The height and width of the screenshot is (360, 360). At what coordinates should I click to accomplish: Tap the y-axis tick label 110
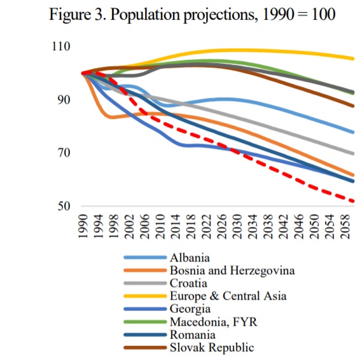tap(61, 46)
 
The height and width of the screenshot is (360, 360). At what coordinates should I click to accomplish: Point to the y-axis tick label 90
tap(64, 100)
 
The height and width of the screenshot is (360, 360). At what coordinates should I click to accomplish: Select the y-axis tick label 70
tap(64, 153)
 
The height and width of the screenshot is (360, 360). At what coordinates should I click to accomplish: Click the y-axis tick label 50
tap(64, 206)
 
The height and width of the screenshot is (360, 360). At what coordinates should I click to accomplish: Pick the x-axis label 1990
tap(83, 226)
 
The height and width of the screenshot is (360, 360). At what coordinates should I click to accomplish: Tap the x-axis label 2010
tap(160, 226)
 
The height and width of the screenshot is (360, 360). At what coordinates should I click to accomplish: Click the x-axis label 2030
tap(237, 226)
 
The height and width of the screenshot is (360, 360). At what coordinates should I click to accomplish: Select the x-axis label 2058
tap(345, 226)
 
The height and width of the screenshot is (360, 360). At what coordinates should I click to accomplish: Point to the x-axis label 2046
tap(299, 226)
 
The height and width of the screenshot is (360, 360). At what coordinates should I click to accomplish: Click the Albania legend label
tap(190, 258)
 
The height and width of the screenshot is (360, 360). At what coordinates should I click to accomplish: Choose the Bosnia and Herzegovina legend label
tap(232, 270)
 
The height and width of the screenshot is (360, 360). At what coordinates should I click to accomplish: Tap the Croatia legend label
tap(188, 283)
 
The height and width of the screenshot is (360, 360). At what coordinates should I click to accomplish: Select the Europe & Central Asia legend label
tap(228, 296)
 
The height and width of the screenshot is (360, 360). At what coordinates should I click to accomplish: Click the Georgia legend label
tap(190, 309)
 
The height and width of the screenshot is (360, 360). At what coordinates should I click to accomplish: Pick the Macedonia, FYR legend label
tap(214, 322)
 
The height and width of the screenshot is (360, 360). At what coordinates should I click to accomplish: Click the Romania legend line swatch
tap(145, 335)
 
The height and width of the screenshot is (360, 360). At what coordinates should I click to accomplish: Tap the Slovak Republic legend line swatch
tap(145, 348)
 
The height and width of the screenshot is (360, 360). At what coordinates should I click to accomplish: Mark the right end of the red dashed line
tap(354, 202)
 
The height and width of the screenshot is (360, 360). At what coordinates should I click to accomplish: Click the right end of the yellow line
tap(354, 59)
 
